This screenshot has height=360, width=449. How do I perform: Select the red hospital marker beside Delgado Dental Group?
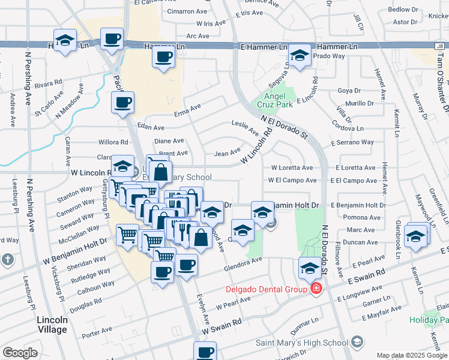316,289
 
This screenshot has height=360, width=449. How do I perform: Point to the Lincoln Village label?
52,325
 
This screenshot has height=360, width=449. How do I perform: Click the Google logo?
20,353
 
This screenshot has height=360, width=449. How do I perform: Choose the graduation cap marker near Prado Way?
299,56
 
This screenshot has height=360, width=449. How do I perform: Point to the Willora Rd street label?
115,143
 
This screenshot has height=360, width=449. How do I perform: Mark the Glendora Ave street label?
244,260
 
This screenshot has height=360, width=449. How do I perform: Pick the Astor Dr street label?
405,22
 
